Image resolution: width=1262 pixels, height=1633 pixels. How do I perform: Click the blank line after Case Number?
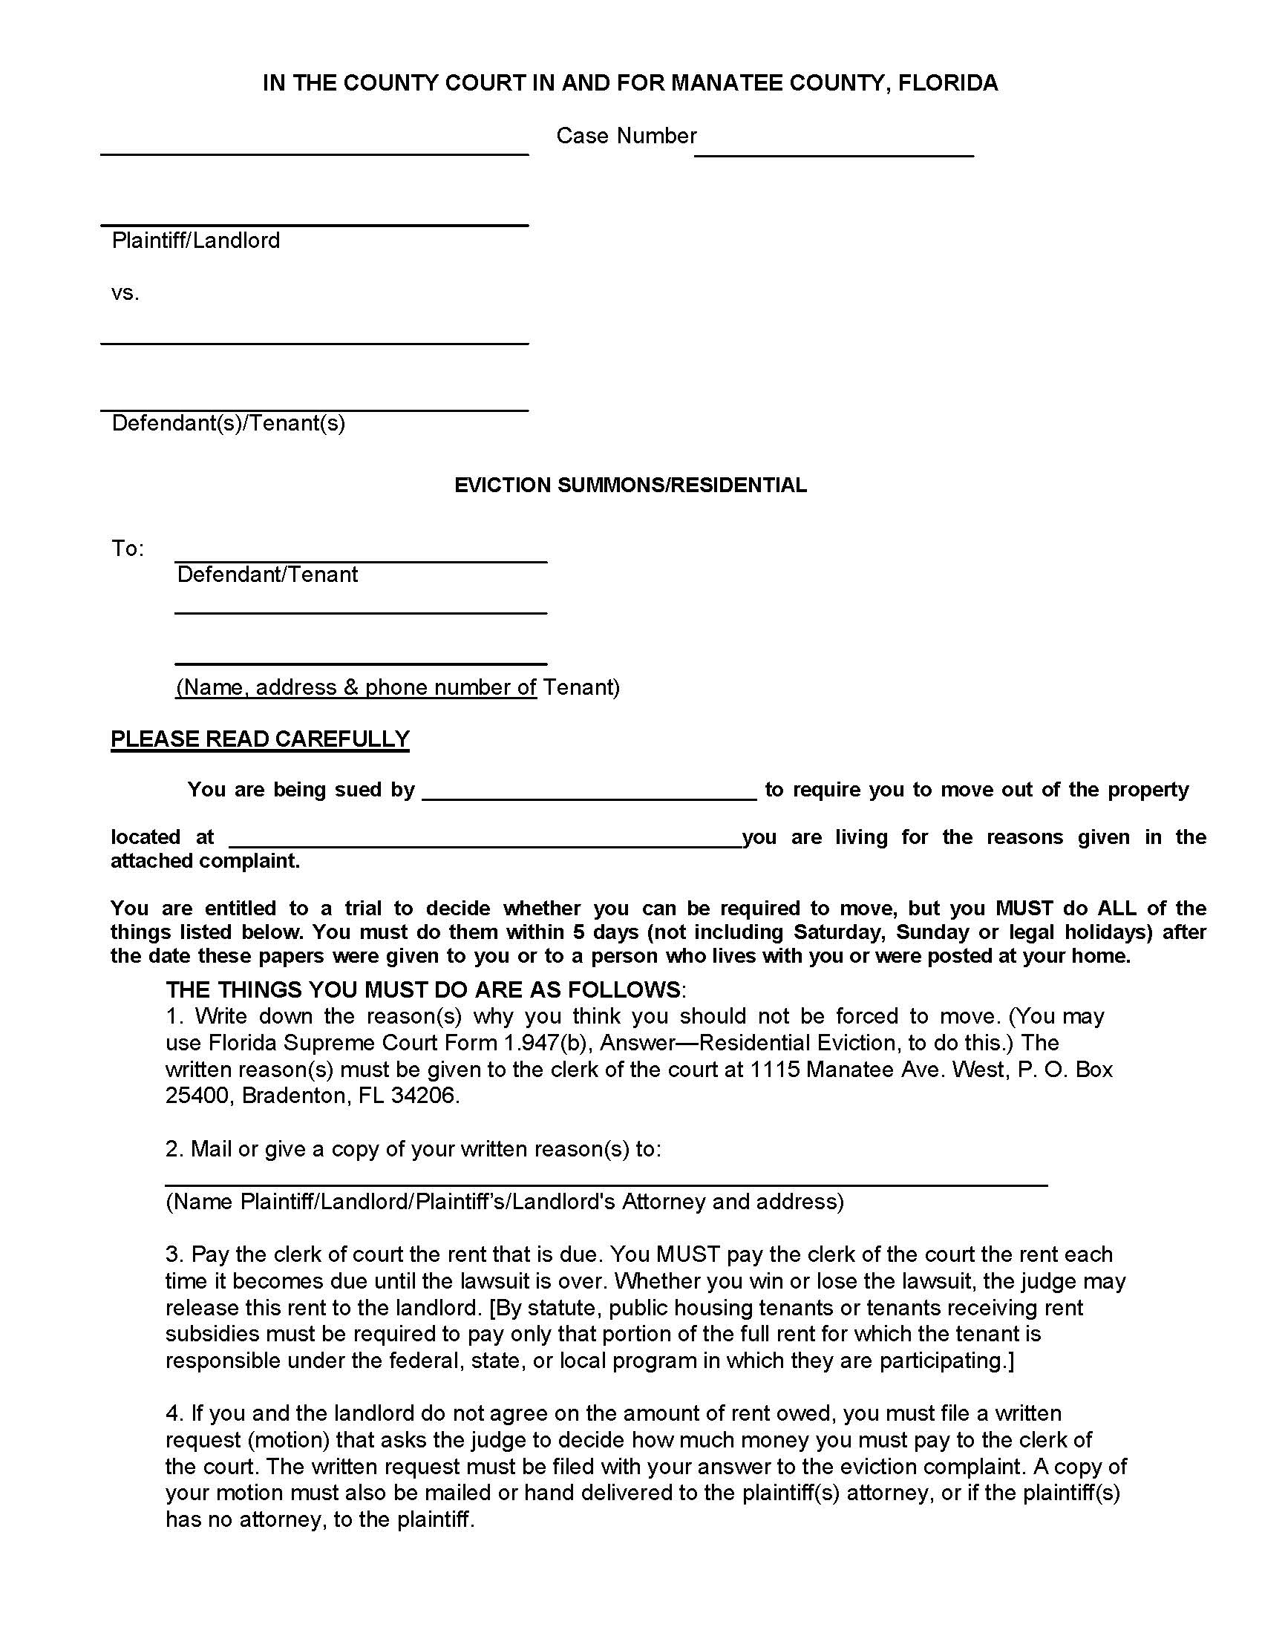point(833,149)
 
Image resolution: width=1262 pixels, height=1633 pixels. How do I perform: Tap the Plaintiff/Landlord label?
point(195,240)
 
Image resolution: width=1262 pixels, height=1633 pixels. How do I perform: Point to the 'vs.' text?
point(125,293)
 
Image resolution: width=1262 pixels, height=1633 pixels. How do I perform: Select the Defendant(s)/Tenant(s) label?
point(228,423)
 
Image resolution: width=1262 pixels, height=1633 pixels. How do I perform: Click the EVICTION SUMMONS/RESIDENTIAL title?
point(630,485)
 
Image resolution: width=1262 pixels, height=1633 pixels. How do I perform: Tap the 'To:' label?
point(127,549)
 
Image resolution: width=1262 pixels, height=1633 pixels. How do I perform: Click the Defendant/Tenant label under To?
point(267,575)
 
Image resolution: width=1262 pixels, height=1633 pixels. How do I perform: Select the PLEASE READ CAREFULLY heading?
point(259,739)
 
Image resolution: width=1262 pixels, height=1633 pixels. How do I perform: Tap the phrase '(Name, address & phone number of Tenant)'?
point(398,687)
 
